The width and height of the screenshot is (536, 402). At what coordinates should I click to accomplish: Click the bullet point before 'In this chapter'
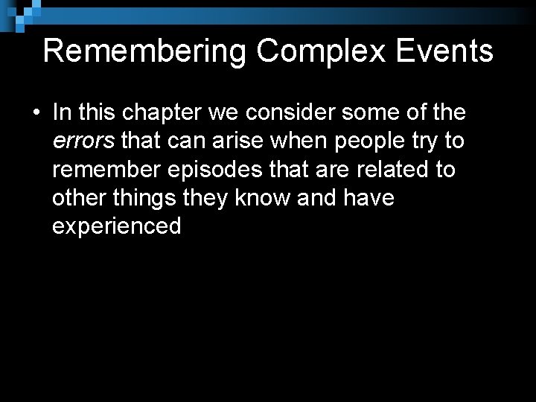(x=35, y=113)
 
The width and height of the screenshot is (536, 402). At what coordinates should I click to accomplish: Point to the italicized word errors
(x=81, y=141)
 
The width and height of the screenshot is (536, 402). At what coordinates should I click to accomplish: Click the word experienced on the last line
(x=117, y=226)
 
